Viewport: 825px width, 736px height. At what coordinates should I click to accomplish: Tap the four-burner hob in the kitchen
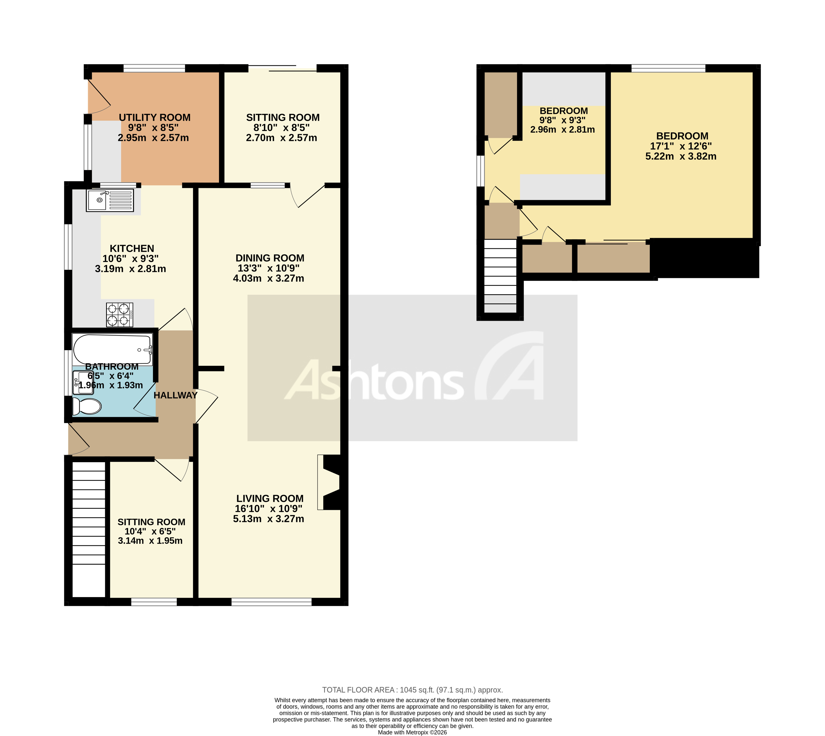tap(120, 315)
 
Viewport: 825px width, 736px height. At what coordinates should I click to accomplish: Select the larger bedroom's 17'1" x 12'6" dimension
tap(681, 146)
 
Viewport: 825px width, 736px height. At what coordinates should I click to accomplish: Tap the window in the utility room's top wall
tap(154, 68)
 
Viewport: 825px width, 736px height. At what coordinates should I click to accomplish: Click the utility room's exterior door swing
tap(99, 97)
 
